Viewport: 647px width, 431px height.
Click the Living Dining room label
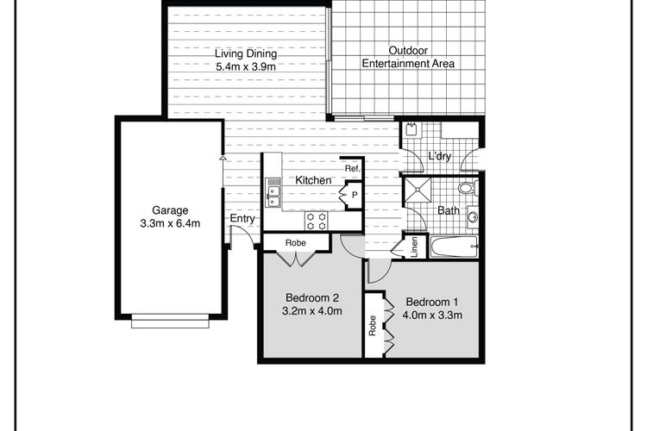[x=246, y=53]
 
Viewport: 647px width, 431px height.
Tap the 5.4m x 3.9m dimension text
[x=246, y=66]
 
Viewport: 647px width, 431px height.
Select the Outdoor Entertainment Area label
[x=408, y=57]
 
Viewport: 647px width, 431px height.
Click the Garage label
[x=170, y=210]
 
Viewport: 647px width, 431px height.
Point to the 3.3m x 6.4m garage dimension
[x=170, y=223]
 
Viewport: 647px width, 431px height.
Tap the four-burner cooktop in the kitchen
[x=316, y=221]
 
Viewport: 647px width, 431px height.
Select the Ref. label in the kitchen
[x=353, y=168]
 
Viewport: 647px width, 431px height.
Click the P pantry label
[x=354, y=195]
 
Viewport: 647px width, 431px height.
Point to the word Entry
[x=242, y=218]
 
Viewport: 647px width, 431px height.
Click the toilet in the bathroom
[x=468, y=188]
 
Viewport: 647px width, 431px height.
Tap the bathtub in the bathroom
[x=454, y=247]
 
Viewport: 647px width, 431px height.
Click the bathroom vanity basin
[x=473, y=216]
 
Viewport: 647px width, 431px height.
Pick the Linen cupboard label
[x=415, y=247]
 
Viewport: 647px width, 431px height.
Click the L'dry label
[x=439, y=156]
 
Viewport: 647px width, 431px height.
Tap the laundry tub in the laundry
[x=411, y=129]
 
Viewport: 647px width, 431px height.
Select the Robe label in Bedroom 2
[x=295, y=242]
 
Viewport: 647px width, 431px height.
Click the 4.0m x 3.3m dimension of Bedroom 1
[x=432, y=315]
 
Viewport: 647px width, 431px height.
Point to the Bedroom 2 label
[x=312, y=297]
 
